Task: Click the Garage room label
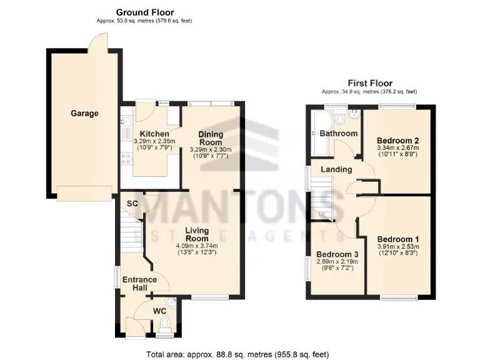[x=84, y=113]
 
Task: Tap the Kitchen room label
[x=154, y=134]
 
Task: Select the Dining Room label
[x=211, y=138]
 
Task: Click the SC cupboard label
[x=132, y=204]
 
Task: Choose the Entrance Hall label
[x=134, y=283]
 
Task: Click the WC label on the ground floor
[x=160, y=309]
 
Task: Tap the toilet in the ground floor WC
[x=165, y=324]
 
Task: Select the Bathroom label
[x=338, y=133]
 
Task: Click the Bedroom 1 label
[x=398, y=239]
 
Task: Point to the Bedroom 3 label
[x=337, y=254]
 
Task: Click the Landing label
[x=336, y=169]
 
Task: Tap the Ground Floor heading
[x=145, y=12]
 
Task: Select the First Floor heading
[x=370, y=82]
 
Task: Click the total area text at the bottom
[x=237, y=354]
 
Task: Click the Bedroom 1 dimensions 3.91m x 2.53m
[x=398, y=247]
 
